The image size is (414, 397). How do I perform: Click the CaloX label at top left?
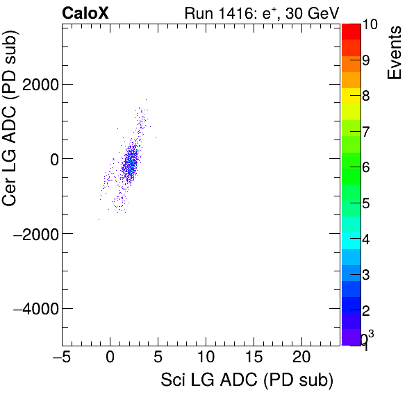tap(85, 12)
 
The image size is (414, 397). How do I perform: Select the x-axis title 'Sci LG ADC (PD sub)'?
tap(247, 380)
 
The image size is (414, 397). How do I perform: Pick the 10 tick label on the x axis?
tap(205, 357)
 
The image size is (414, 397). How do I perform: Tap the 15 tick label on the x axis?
tap(253, 357)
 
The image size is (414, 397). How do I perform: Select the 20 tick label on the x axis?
tap(301, 357)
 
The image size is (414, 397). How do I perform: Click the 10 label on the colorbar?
tap(370, 25)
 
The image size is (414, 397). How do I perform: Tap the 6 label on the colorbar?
tap(366, 167)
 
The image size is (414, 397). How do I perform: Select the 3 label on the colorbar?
tap(366, 274)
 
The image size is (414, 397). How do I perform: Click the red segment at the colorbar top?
tap(351, 31)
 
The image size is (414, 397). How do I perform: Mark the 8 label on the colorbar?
tap(366, 96)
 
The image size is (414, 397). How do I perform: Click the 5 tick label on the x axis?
tap(158, 357)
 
